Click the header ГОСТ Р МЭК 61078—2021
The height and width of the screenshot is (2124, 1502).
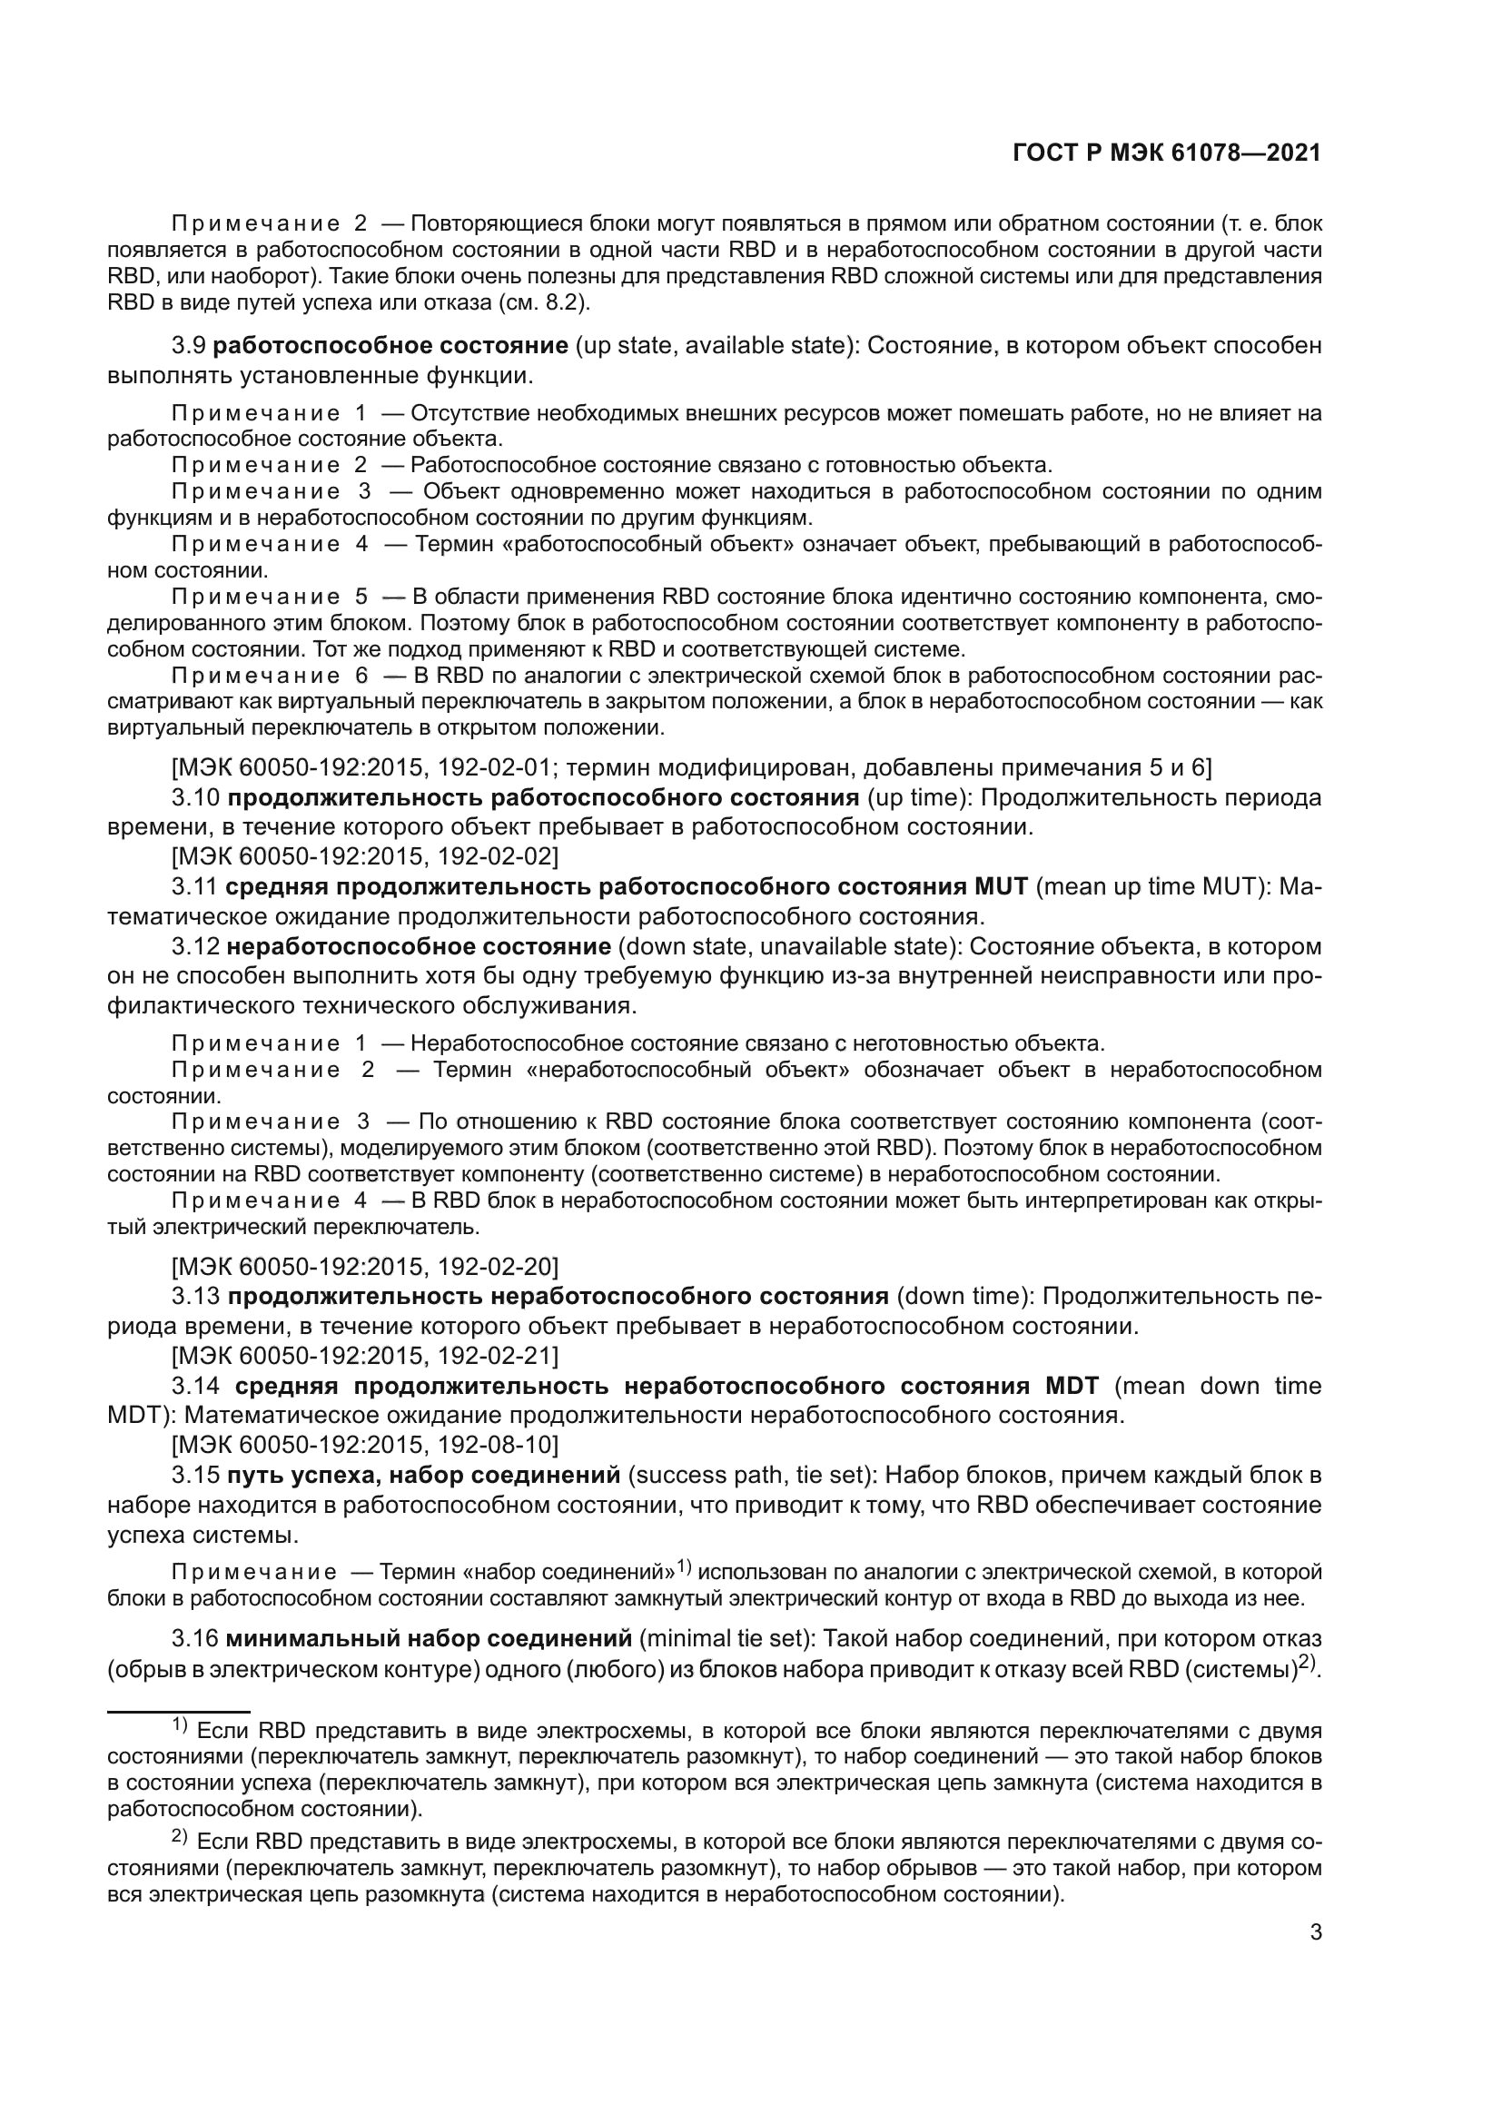pyautogui.click(x=1166, y=153)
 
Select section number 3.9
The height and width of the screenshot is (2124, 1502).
pyautogui.click(x=189, y=346)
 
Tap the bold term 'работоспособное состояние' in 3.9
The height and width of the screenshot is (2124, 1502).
pyautogui.click(x=390, y=346)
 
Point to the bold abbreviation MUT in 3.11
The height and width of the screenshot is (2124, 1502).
pyautogui.click(x=1001, y=886)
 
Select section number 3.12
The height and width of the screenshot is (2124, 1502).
pyautogui.click(x=195, y=946)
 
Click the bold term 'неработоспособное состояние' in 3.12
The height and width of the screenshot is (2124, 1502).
pyautogui.click(x=419, y=946)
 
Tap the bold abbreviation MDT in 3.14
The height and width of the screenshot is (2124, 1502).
pyautogui.click(x=1072, y=1386)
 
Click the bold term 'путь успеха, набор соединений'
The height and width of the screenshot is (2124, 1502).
pyautogui.click(x=422, y=1475)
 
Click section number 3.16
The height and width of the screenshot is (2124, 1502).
pyautogui.click(x=195, y=1639)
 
